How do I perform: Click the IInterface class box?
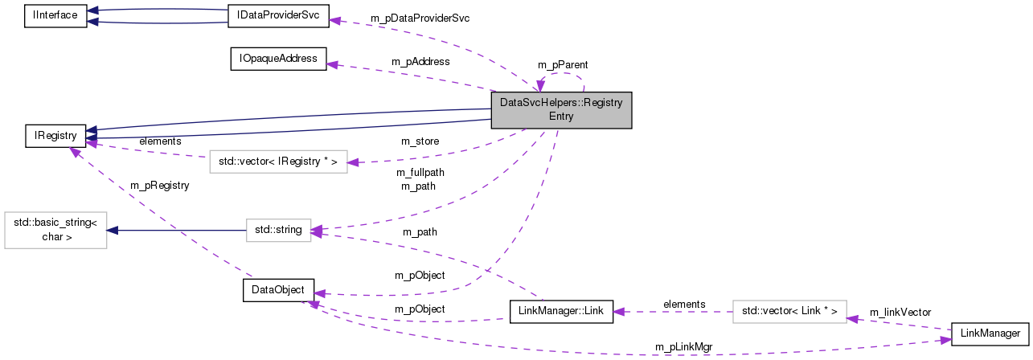(55, 17)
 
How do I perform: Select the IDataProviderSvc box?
(279, 17)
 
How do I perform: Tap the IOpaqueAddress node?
(278, 59)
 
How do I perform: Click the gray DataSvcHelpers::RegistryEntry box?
(561, 109)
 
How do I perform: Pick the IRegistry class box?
(55, 136)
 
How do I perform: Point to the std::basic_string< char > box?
(55, 231)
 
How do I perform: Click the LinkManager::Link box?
(561, 311)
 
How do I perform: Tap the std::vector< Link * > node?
(789, 311)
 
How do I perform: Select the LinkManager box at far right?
(988, 333)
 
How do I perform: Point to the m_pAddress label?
(420, 61)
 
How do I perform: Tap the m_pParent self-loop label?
(563, 64)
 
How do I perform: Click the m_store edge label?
(420, 141)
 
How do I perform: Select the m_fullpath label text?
(420, 172)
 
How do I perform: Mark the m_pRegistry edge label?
(160, 186)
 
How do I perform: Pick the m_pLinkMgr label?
(683, 346)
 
